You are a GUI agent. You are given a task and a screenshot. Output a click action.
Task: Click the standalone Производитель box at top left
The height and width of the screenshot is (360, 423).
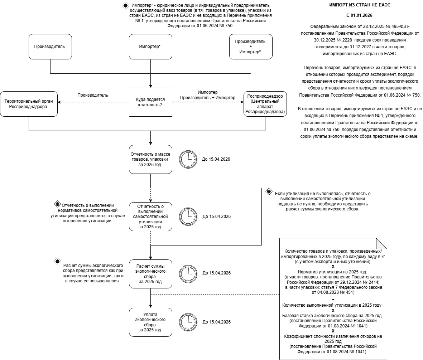50,47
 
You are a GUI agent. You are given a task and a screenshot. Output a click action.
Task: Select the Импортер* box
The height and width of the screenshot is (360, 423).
150,47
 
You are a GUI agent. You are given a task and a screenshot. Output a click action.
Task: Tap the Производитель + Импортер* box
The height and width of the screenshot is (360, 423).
251,47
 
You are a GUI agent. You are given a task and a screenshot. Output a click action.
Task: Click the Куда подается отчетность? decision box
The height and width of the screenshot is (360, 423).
150,102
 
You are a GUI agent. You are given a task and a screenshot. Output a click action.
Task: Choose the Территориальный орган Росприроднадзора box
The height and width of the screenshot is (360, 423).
29,104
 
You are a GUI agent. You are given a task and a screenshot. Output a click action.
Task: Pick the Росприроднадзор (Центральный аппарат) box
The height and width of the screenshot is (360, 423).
265,104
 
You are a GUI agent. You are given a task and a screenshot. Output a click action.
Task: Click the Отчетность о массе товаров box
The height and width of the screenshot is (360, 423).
150,159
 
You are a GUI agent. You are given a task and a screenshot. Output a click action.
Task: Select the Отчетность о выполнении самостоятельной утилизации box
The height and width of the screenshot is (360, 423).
150,217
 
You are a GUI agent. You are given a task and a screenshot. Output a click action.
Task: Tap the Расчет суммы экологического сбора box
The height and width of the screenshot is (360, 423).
150,274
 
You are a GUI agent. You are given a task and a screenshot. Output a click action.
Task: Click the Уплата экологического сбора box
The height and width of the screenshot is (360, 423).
150,322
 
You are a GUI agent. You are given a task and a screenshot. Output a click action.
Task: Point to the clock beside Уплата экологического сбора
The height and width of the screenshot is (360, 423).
188,322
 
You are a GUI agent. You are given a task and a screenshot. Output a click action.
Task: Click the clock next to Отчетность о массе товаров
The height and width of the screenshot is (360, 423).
188,159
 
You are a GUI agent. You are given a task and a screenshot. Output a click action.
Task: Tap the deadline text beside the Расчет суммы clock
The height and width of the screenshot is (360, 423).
217,273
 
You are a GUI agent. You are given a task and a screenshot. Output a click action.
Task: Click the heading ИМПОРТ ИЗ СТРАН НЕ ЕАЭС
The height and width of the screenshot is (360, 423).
360,5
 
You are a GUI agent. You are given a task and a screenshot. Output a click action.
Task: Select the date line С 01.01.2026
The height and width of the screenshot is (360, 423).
359,15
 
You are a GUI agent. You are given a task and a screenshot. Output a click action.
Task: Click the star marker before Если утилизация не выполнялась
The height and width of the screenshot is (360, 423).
269,192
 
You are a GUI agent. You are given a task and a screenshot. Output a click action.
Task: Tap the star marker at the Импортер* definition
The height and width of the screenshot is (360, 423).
125,5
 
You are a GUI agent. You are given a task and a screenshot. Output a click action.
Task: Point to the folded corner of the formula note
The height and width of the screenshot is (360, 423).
381,243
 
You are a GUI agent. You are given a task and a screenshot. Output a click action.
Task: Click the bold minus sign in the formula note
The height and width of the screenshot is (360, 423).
333,299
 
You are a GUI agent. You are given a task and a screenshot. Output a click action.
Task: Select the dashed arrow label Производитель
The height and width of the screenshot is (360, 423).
92,95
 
